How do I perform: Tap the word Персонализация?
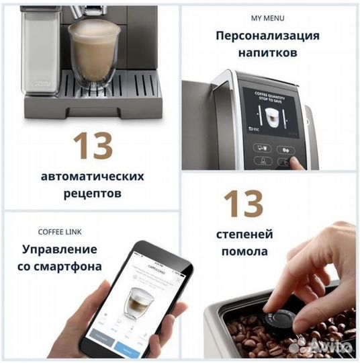pos(267,36)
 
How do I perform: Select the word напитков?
pos(267,54)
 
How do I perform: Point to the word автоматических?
pos(93,176)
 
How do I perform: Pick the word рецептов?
pos(93,194)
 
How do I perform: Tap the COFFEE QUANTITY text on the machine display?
pos(269,94)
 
